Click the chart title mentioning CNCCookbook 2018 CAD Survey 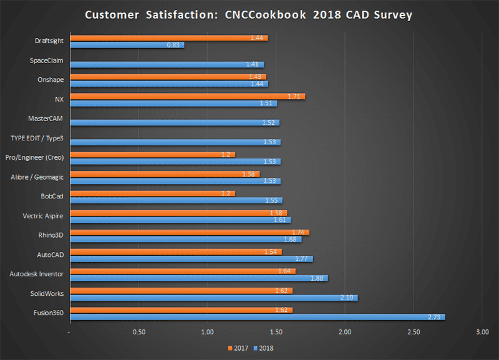249,14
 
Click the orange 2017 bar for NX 187,96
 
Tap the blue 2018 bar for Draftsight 127,45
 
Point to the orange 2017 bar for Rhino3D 190,232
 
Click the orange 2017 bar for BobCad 153,193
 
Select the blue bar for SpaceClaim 167,64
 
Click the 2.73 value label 435,317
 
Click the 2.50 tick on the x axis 413,331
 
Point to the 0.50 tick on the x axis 138,331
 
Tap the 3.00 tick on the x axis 482,331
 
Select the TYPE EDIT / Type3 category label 37,137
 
